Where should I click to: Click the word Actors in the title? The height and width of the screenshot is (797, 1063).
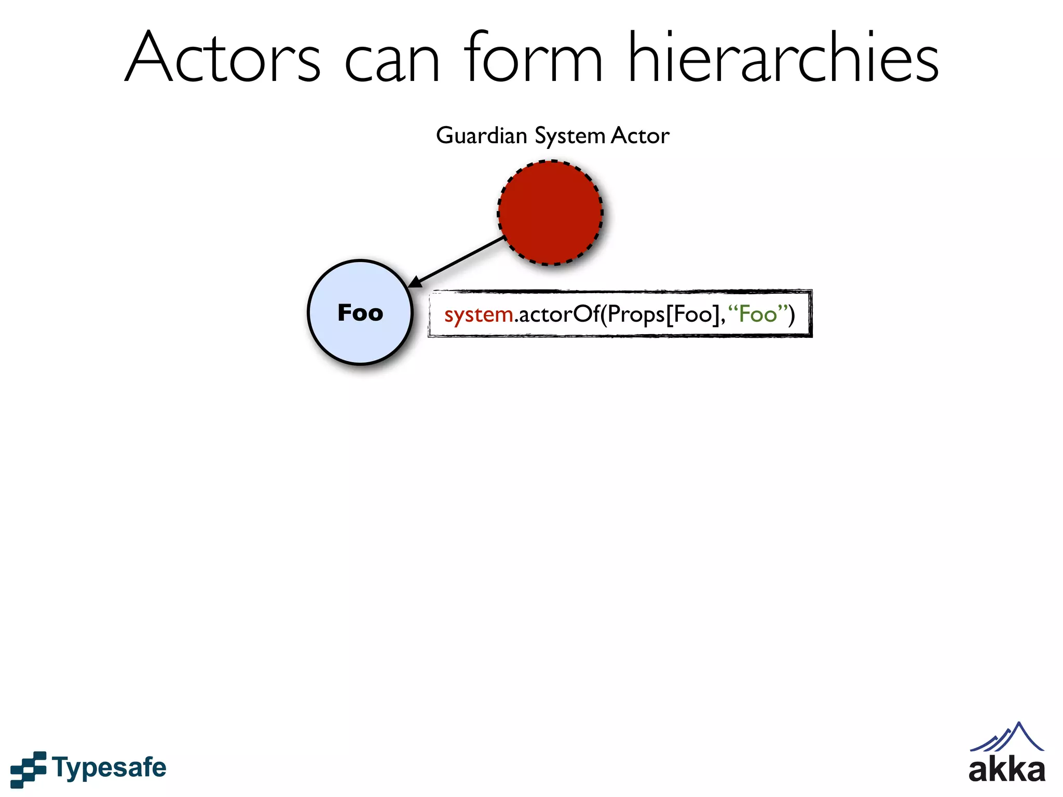pyautogui.click(x=223, y=58)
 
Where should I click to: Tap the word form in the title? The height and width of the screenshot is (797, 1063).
pyautogui.click(x=533, y=58)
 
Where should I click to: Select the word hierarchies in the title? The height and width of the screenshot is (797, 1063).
pyautogui.click(x=783, y=58)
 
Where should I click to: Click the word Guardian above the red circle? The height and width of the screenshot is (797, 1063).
pyautogui.click(x=481, y=136)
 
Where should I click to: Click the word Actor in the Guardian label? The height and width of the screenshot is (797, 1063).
pyautogui.click(x=640, y=136)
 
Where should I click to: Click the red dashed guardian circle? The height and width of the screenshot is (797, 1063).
pyautogui.click(x=550, y=213)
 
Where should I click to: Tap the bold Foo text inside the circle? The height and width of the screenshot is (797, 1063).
pyautogui.click(x=360, y=313)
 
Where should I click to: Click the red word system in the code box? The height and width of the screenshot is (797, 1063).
pyautogui.click(x=478, y=315)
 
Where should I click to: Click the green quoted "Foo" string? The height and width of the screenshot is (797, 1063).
pyautogui.click(x=758, y=314)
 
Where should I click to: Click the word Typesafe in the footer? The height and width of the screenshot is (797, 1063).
pyautogui.click(x=109, y=768)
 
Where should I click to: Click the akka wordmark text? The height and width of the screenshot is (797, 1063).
pyautogui.click(x=1006, y=771)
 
